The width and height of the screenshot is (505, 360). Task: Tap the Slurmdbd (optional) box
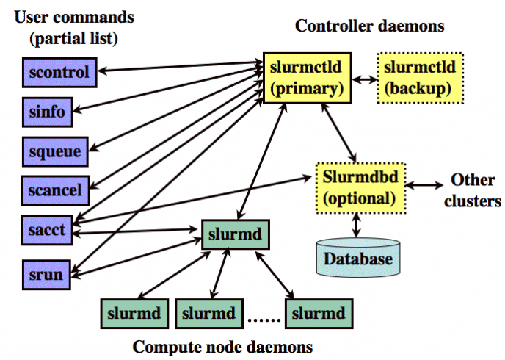pyautogui.click(x=359, y=187)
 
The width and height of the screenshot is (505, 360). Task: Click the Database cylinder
pyautogui.click(x=359, y=254)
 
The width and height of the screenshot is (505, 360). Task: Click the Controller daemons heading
pyautogui.click(x=370, y=26)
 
